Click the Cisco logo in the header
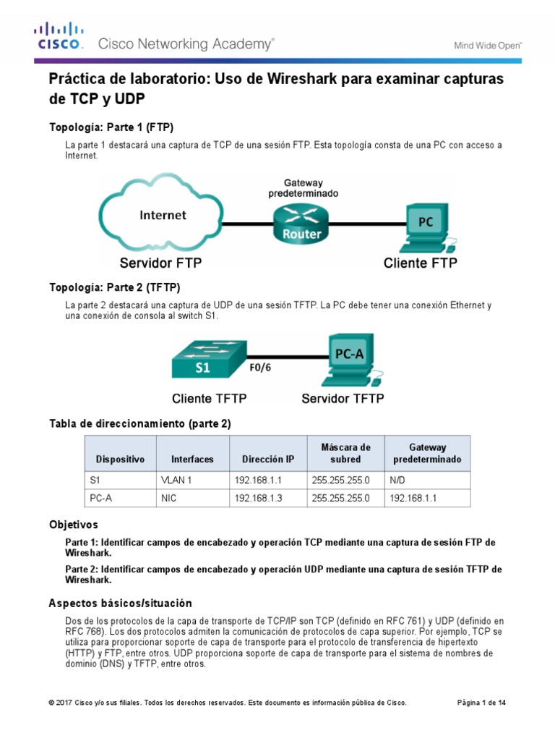[60, 36]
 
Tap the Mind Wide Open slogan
[488, 45]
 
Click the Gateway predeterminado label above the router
[303, 188]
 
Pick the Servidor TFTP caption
[343, 399]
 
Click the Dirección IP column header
[268, 460]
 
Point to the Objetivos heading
[73, 524]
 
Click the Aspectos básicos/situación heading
[120, 603]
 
